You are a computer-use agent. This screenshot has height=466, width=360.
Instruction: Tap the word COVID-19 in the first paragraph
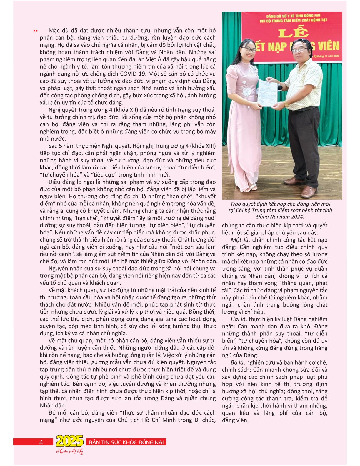[x=164, y=74]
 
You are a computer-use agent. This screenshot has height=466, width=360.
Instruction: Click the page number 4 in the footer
[x=41, y=442]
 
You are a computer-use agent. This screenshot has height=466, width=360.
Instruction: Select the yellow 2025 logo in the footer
[x=70, y=441]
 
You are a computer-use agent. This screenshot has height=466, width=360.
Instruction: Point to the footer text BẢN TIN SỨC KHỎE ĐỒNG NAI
[x=126, y=442]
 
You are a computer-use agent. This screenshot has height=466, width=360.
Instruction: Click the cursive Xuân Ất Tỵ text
[x=70, y=452]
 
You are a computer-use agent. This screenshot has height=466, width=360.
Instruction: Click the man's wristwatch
[x=286, y=104]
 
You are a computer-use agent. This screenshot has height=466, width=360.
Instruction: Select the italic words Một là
[x=240, y=240]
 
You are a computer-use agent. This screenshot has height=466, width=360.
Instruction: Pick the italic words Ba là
[x=238, y=362]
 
